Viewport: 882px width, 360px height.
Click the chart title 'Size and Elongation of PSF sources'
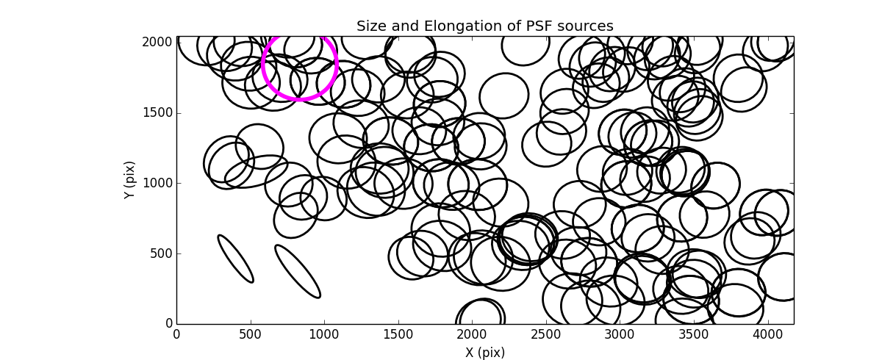click(484, 26)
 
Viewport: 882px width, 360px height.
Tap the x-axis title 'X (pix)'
click(484, 352)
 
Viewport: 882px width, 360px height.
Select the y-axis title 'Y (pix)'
click(130, 180)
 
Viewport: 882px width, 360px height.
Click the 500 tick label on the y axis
click(161, 253)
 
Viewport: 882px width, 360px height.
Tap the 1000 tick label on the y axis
click(158, 183)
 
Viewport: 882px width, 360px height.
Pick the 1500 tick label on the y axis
click(158, 112)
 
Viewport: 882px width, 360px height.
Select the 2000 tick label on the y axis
click(158, 43)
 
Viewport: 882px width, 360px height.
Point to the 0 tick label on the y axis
click(168, 323)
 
